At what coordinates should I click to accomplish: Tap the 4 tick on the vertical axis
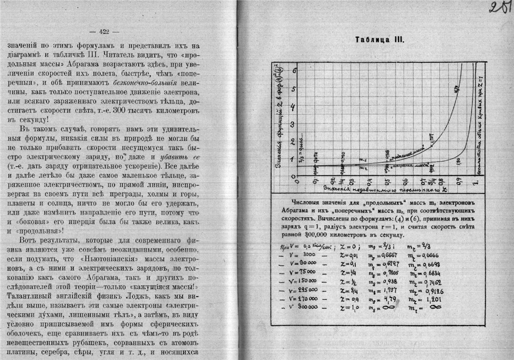(294, 107)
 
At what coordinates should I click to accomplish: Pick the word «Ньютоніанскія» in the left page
(118, 259)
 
